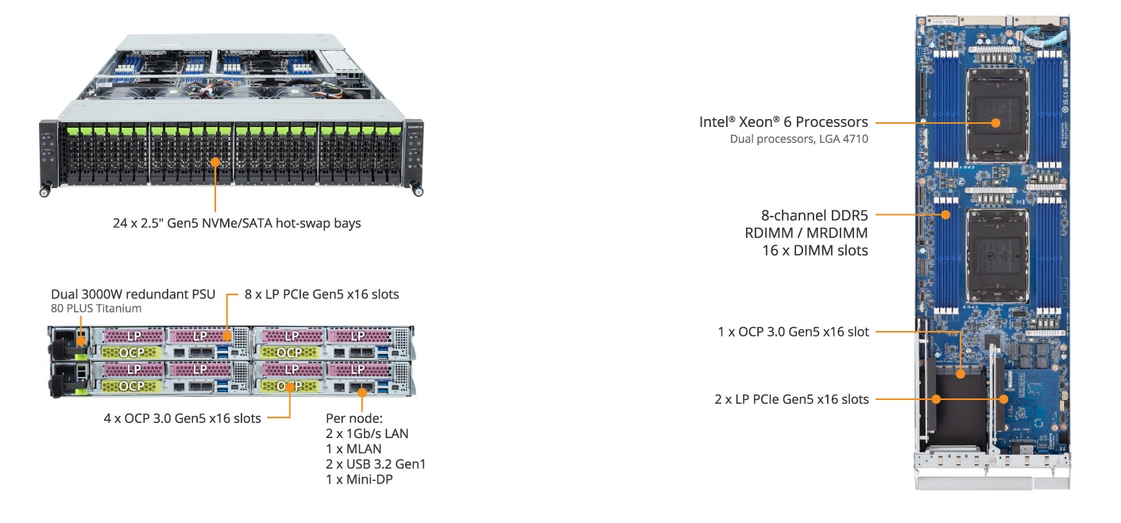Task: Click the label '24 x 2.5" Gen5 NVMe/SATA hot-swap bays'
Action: pyautogui.click(x=236, y=223)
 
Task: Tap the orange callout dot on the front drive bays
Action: pyautogui.click(x=215, y=161)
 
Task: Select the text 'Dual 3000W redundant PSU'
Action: pyautogui.click(x=133, y=294)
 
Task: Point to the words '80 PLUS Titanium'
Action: pyautogui.click(x=96, y=309)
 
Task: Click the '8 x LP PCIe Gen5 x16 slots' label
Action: pyautogui.click(x=322, y=294)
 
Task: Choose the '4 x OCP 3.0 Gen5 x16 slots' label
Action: pyautogui.click(x=182, y=418)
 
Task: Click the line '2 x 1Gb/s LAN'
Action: pyautogui.click(x=367, y=433)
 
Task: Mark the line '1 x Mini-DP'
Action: pyautogui.click(x=359, y=479)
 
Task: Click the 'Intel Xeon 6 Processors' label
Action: pyautogui.click(x=783, y=122)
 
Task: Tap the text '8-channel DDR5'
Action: pyautogui.click(x=814, y=215)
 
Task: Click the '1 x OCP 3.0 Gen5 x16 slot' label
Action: pyautogui.click(x=793, y=332)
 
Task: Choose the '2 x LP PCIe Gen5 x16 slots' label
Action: pyautogui.click(x=791, y=399)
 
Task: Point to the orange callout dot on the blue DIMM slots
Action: pyautogui.click(x=946, y=214)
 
